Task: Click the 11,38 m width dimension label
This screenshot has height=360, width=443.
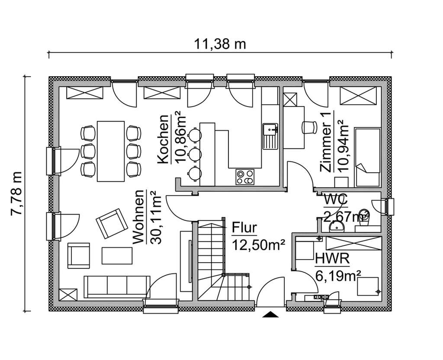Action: (x=221, y=44)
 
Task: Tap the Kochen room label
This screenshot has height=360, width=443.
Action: (x=163, y=139)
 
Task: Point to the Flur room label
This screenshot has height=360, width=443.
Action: (x=244, y=228)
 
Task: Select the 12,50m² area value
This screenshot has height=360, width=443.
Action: (x=258, y=245)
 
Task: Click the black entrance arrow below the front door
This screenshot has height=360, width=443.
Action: (x=271, y=315)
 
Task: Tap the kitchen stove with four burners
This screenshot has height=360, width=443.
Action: (x=245, y=177)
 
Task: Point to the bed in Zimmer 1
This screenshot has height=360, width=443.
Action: (x=368, y=157)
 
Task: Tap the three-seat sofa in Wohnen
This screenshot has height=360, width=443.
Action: (x=116, y=286)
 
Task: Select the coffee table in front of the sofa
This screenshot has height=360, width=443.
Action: (x=117, y=255)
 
